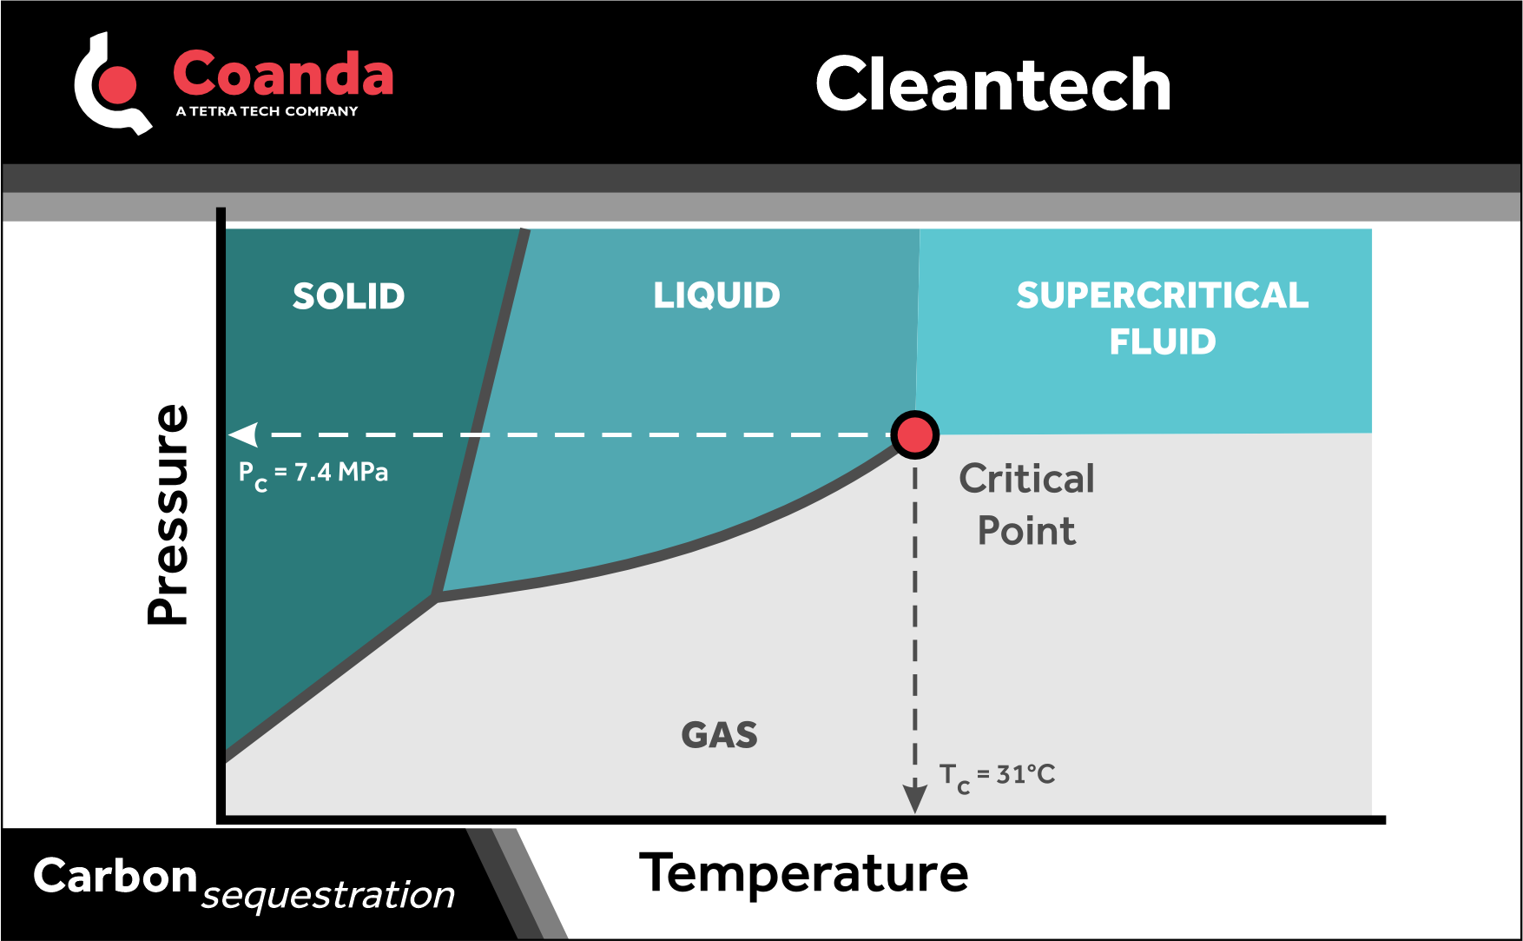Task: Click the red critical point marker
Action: coord(914,434)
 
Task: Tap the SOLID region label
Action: coord(348,296)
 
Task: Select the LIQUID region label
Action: coord(716,295)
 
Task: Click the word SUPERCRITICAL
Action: coord(1162,295)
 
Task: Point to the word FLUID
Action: coord(1162,341)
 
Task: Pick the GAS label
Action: coord(719,735)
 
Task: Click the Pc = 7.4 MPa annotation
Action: coord(313,474)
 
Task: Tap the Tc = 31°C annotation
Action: coord(997,775)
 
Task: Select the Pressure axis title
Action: coord(168,514)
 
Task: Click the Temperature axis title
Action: coord(803,873)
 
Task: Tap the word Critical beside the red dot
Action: coord(1026,479)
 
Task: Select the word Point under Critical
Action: coord(1026,531)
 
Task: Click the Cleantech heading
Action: coord(993,85)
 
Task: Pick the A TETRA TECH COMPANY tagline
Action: coord(267,111)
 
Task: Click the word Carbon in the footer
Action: coord(115,876)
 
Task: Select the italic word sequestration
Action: coord(328,895)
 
